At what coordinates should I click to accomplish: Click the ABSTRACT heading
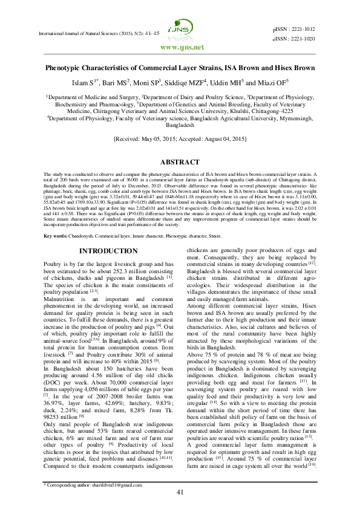tap(180, 163)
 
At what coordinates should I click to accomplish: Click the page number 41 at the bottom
tap(180, 493)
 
